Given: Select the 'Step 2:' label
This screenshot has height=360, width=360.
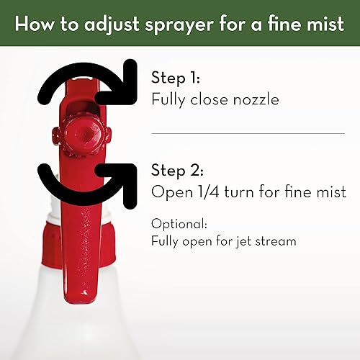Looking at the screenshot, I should click(177, 171).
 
